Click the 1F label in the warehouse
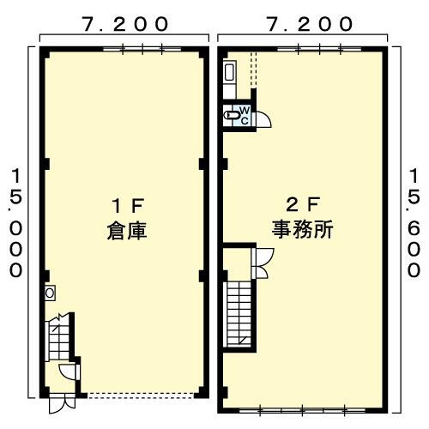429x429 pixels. [x=127, y=206]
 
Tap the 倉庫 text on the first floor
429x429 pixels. [x=127, y=231]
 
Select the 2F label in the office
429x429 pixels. [x=303, y=205]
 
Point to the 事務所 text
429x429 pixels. [x=303, y=229]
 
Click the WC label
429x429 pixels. [x=245, y=115]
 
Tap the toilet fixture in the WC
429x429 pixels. [x=232, y=115]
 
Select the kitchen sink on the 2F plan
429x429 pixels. [x=230, y=72]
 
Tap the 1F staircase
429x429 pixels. [x=58, y=337]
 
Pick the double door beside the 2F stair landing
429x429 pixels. [x=263, y=263]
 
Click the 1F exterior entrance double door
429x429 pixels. [x=62, y=403]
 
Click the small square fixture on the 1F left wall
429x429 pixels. [x=50, y=293]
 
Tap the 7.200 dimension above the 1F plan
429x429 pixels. [x=125, y=24]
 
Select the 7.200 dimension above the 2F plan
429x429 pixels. [x=310, y=24]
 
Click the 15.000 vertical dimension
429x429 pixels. [x=15, y=223]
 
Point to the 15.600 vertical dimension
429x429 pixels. [x=414, y=223]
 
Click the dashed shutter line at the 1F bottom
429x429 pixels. [x=141, y=396]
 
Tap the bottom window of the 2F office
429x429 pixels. [x=302, y=411]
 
